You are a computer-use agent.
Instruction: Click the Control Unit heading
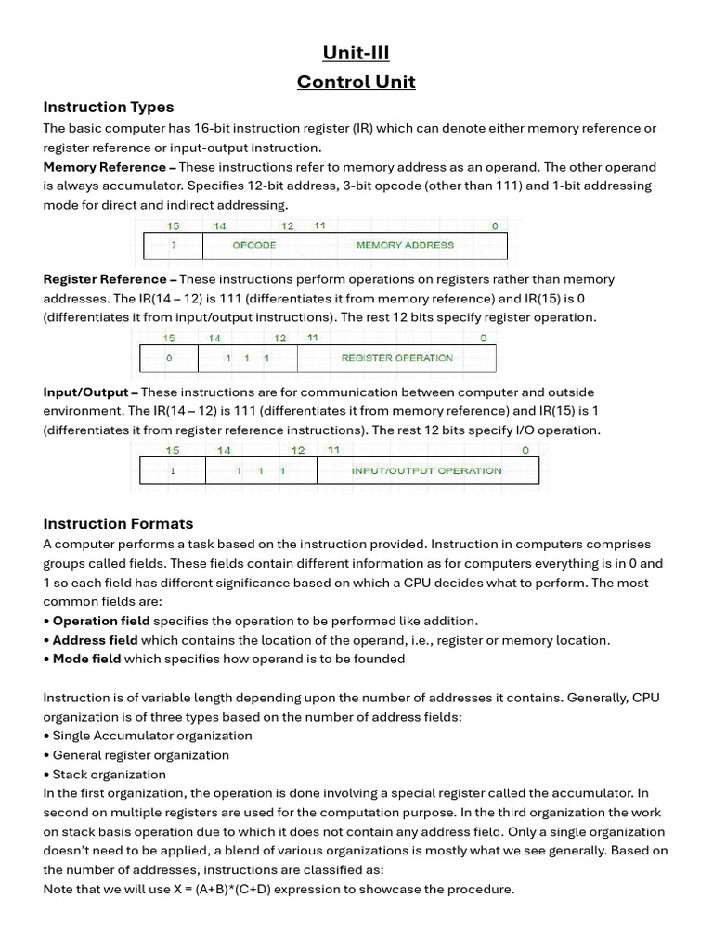(356, 83)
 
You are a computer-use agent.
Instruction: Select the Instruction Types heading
(108, 107)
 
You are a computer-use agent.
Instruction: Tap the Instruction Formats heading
(118, 523)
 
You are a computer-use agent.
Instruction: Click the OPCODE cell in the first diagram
(254, 245)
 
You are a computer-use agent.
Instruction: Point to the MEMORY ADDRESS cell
(405, 245)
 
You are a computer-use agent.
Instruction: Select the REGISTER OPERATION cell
(396, 358)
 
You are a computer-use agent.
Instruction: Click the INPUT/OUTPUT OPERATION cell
(426, 470)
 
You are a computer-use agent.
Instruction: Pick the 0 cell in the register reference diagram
(168, 358)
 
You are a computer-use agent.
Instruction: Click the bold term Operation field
(100, 621)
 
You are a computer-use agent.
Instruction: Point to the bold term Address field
(95, 640)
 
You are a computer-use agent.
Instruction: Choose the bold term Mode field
(86, 659)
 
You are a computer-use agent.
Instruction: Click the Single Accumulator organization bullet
(151, 736)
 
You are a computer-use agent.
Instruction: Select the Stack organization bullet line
(109, 774)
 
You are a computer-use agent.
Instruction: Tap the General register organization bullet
(140, 754)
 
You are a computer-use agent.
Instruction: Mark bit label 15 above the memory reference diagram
(173, 226)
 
